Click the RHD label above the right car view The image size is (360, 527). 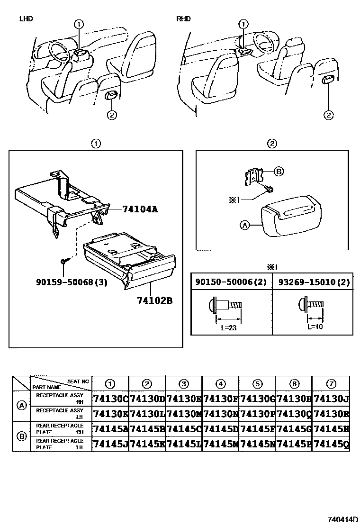(183, 19)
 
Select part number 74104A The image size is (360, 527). (140, 209)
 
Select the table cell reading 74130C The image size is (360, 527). (110, 399)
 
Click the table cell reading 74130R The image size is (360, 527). (331, 414)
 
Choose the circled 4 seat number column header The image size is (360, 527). (220, 383)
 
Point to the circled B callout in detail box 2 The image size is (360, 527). (279, 172)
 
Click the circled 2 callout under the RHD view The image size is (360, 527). (328, 115)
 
